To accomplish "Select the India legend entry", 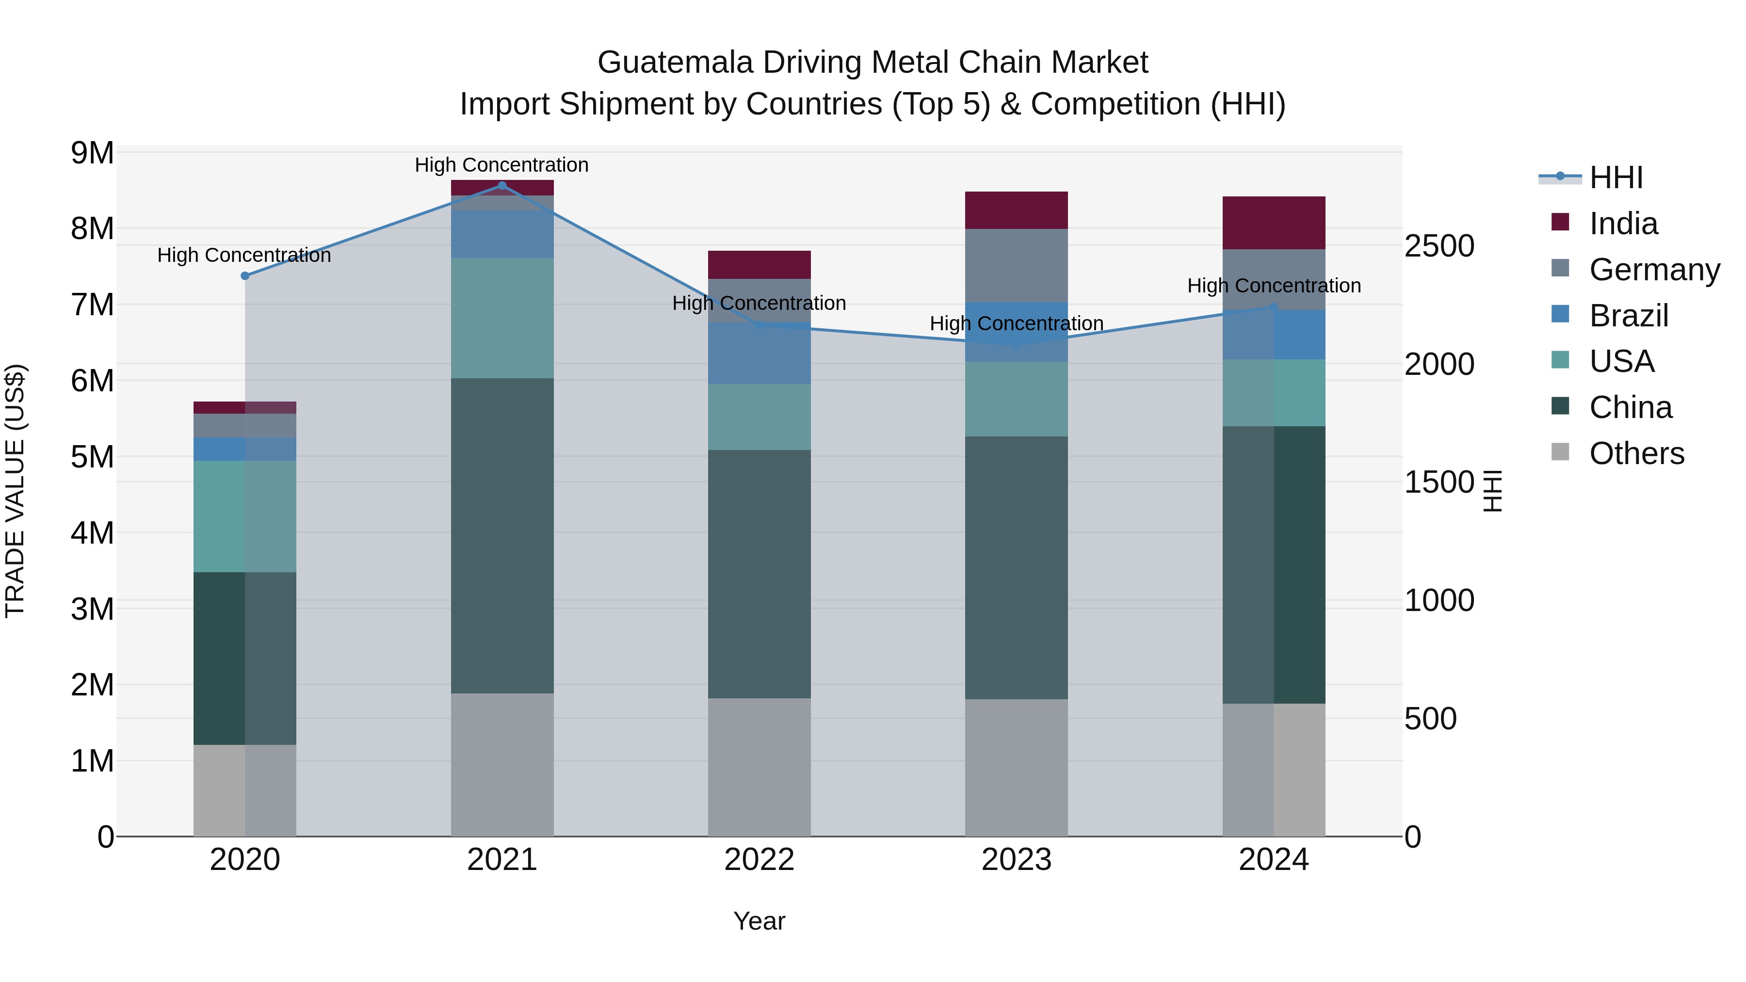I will click(1623, 224).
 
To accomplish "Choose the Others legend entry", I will click(1636, 453).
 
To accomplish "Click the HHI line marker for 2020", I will click(245, 276).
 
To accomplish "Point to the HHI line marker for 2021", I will click(502, 186).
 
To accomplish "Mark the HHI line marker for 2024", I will click(1274, 307).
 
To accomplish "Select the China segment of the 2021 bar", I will click(502, 535).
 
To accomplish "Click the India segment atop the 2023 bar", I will click(1016, 210).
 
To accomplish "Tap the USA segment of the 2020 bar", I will click(245, 516).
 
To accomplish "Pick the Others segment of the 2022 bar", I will click(759, 767).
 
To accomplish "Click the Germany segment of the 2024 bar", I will click(1274, 279).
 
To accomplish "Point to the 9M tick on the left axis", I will click(92, 153).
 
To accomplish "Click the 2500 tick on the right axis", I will click(1439, 246).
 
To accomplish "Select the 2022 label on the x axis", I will click(759, 860).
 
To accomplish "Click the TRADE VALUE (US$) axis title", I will click(15, 491).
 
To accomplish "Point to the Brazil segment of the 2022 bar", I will click(759, 353).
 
